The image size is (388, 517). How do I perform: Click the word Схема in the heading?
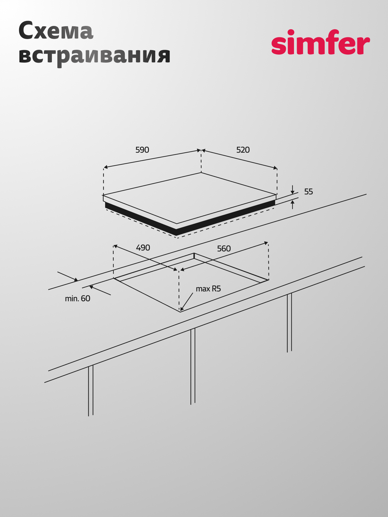point(56,31)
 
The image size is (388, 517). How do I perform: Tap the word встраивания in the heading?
point(94,56)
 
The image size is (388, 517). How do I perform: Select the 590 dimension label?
point(142,150)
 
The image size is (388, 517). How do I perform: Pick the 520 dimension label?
point(243,150)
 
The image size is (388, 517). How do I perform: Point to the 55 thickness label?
point(309,192)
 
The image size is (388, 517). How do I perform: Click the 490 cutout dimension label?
point(143,248)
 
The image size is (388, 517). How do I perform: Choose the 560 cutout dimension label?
point(224,249)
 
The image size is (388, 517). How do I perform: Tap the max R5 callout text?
point(208,289)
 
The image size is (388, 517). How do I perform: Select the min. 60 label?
point(78,298)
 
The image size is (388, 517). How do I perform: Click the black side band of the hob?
point(190,218)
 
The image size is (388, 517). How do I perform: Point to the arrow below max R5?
point(187,302)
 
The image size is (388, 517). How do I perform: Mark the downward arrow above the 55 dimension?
point(292,190)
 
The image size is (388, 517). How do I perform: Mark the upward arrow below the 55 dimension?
point(292,205)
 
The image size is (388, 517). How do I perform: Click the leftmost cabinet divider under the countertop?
point(91,390)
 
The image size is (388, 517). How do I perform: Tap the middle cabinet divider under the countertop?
point(193,366)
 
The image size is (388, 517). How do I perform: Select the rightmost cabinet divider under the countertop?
point(289,323)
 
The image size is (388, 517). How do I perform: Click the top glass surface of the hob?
point(190,198)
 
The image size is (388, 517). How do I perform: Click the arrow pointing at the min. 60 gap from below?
point(100,290)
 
